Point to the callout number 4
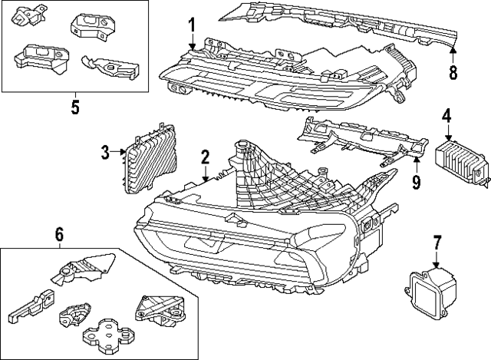[x=447, y=116]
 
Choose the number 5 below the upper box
[x=74, y=106]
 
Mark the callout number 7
[x=437, y=244]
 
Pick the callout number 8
[x=453, y=73]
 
